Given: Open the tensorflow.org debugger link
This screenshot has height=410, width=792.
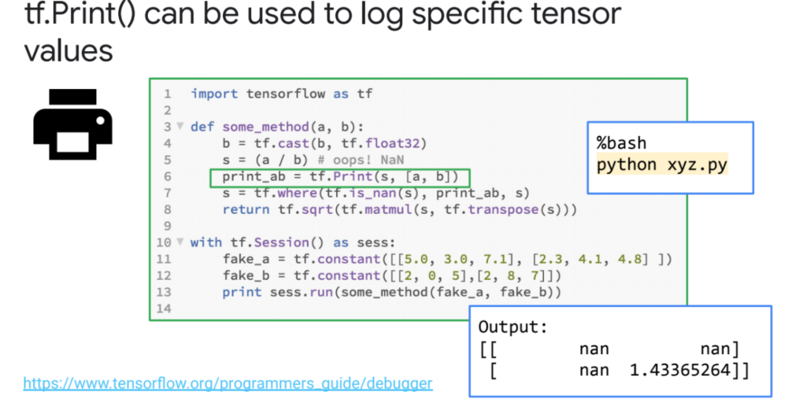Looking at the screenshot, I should pyautogui.click(x=228, y=384).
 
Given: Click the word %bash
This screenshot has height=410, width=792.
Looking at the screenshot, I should pyautogui.click(x=621, y=143).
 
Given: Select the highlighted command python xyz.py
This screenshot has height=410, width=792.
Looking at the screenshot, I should pyautogui.click(x=661, y=164).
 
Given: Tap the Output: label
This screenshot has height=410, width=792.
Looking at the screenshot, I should pyautogui.click(x=513, y=327).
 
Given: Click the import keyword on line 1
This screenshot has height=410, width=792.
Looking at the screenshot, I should pyautogui.click(x=214, y=94).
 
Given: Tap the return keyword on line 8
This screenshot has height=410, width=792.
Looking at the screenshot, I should pyautogui.click(x=241, y=209).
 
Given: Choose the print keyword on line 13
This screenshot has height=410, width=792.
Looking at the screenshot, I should pyautogui.click(x=241, y=292).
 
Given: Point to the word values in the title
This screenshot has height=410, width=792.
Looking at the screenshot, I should pyautogui.click(x=69, y=52).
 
